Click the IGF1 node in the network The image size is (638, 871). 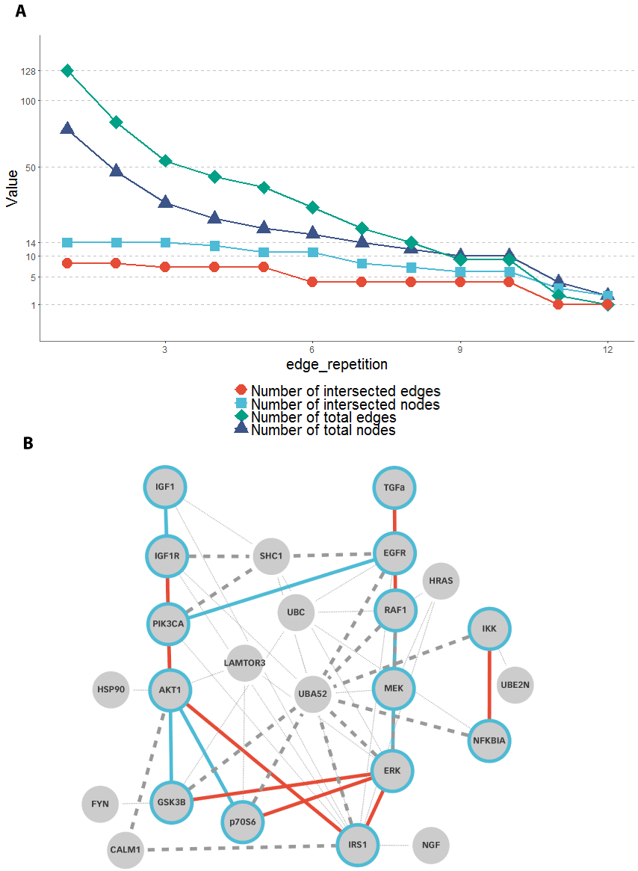coord(165,487)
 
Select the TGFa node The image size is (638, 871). coord(394,487)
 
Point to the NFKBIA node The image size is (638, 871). coord(489,741)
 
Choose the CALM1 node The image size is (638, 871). coord(126,849)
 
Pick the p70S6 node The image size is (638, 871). coord(242,821)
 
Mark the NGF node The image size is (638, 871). coord(430,846)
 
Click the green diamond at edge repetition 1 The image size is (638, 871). coord(67,70)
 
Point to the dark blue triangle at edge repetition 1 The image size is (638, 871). coord(67,129)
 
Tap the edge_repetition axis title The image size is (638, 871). coord(336,365)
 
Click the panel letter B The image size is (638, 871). coord(28,443)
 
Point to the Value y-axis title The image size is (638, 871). coord(13,187)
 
